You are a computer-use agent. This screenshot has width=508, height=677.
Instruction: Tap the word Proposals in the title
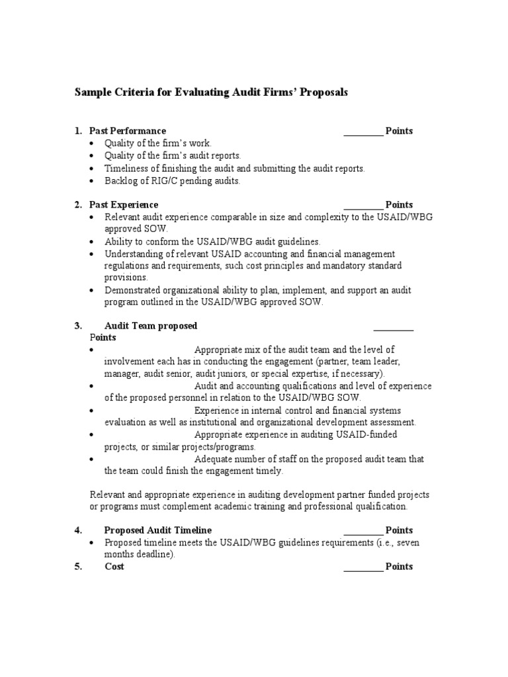click(x=324, y=93)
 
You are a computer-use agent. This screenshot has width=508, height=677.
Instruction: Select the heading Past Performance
click(x=128, y=131)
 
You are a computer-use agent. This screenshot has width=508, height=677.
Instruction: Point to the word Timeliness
click(x=126, y=169)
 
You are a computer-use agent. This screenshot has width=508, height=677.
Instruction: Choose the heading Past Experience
click(x=124, y=205)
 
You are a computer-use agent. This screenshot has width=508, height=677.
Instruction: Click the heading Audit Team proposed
click(x=151, y=326)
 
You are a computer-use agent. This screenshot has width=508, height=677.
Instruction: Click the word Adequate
click(x=214, y=459)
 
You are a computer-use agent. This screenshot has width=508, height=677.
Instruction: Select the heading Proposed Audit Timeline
click(x=158, y=530)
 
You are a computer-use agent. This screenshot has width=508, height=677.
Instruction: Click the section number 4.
click(x=78, y=530)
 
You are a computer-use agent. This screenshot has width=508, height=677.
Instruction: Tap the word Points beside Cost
click(x=399, y=567)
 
